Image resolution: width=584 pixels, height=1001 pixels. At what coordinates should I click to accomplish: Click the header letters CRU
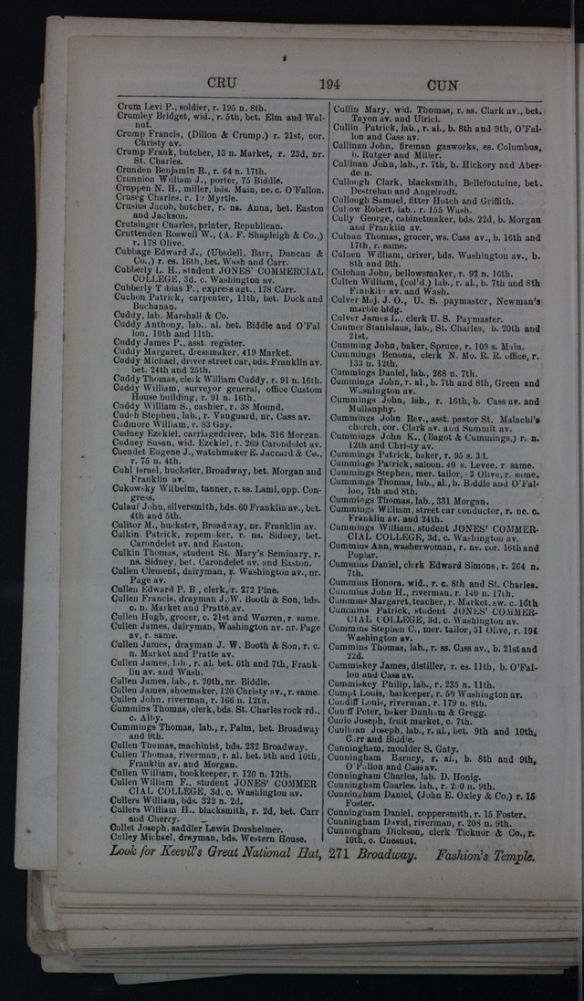[222, 81]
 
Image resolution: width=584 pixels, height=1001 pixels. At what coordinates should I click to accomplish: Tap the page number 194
[329, 83]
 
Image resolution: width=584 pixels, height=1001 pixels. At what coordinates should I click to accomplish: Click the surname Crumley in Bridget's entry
[134, 117]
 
